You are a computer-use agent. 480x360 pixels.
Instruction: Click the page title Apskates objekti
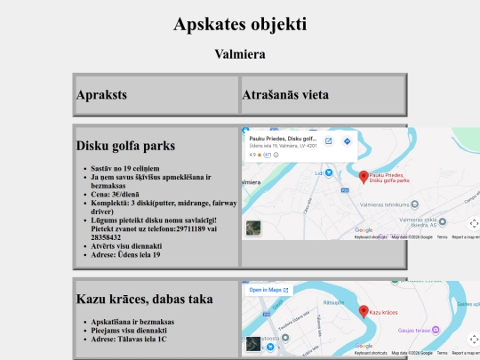[x=240, y=24]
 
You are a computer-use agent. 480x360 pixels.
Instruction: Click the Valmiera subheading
[x=240, y=53]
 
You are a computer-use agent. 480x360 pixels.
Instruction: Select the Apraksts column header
[x=101, y=94]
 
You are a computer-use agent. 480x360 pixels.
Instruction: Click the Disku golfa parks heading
[x=125, y=145]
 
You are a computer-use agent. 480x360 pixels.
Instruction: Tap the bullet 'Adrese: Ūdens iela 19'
[x=125, y=255]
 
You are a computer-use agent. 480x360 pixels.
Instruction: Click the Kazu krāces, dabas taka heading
[x=144, y=299]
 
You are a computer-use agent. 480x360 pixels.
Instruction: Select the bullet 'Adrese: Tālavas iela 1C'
[x=130, y=339]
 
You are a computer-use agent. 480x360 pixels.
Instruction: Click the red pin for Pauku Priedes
[x=364, y=176]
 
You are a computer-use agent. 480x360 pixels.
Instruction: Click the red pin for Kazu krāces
[x=364, y=310]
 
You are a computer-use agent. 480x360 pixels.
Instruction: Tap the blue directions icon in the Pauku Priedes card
[x=347, y=140]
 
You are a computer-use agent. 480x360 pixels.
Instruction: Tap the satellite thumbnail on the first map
[x=253, y=228]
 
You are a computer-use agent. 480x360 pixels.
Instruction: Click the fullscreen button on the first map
[x=473, y=223]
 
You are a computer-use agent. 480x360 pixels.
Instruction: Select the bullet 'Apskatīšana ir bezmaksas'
[x=132, y=321]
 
